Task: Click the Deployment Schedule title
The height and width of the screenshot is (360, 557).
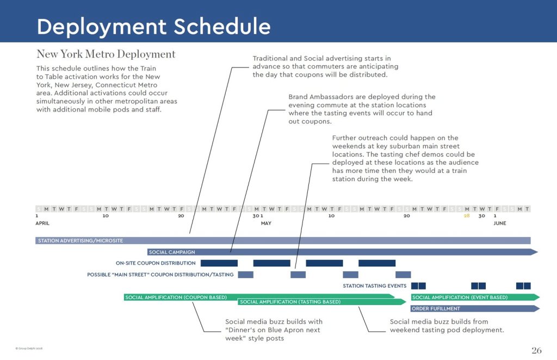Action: click(153, 27)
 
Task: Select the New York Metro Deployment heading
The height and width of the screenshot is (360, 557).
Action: click(106, 54)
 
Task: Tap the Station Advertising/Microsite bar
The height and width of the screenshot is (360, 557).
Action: click(283, 240)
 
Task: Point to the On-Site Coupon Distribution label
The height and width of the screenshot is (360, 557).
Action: click(156, 263)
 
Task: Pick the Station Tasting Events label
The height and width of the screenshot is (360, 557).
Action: click(374, 286)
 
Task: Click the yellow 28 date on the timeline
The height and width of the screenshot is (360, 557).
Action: click(467, 216)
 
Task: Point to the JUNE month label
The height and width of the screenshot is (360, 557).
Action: click(499, 223)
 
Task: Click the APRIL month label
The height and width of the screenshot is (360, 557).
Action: click(43, 223)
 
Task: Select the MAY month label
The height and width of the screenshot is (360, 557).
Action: click(266, 223)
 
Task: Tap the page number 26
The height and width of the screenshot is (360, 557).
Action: click(536, 350)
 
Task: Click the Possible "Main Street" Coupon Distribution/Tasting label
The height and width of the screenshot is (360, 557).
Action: click(160, 275)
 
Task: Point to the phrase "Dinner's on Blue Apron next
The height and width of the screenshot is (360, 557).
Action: click(273, 330)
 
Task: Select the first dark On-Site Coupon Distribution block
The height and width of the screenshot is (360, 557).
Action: click(219, 263)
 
